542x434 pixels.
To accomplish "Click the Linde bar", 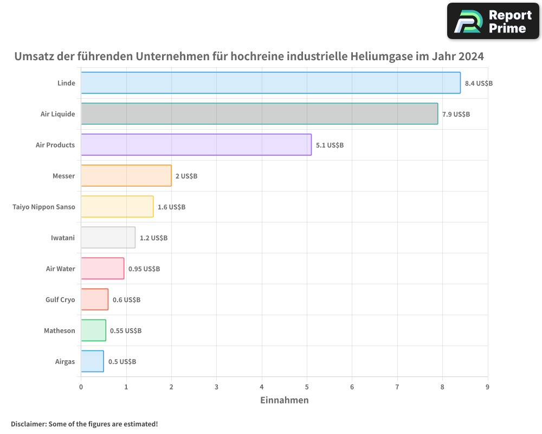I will pos(270,83).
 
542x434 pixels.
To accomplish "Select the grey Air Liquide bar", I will pos(259,114).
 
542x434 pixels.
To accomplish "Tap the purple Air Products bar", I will pos(196,145).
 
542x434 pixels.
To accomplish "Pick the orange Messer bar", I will pos(126,176).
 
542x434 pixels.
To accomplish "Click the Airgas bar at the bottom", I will pos(92,361).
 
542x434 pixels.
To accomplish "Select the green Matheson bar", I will pos(93,330).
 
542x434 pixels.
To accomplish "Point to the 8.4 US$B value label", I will pos(479,84).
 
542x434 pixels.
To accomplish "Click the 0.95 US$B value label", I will pos(144,269).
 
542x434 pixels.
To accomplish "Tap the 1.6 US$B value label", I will pos(171,207).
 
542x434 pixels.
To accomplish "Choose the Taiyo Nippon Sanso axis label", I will pos(44,207).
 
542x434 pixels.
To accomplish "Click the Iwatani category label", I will pos(63,238).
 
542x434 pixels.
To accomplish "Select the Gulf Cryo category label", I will pos(60,299).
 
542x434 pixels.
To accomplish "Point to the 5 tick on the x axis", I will pos(307,387).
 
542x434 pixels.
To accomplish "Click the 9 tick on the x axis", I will pos(487,387).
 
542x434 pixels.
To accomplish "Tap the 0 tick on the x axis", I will pos(81,387).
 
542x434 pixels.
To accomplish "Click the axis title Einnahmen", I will pos(285,400).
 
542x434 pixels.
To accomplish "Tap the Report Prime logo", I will pos(493,21).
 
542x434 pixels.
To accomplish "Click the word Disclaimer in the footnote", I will pos(28,424).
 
